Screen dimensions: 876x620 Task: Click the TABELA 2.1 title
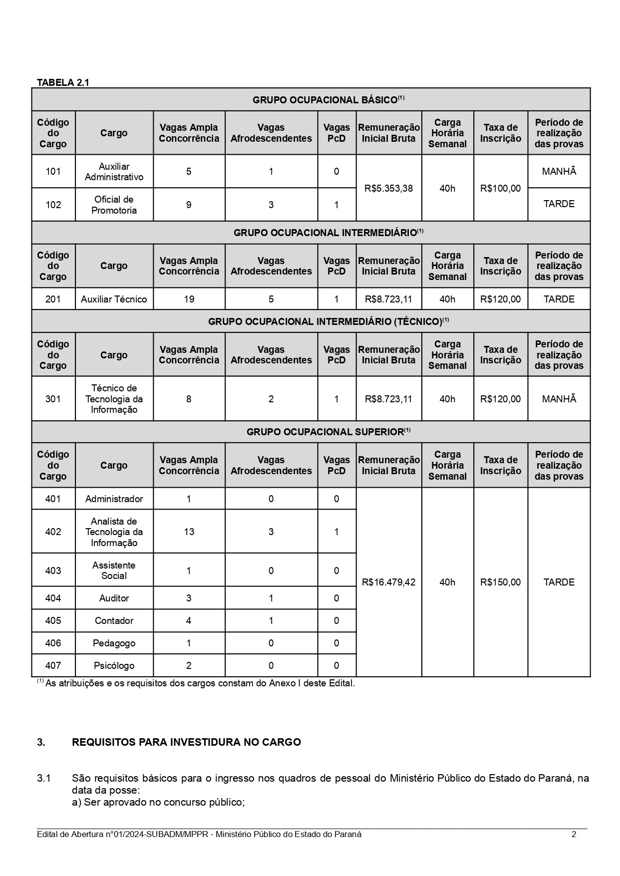(x=63, y=83)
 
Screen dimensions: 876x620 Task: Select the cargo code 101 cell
(x=53, y=171)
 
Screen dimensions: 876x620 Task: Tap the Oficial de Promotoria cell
(x=114, y=205)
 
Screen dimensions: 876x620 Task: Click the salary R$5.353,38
(x=389, y=188)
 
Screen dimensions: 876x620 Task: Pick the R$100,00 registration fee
(x=500, y=188)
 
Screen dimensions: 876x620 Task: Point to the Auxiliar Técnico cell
(x=114, y=299)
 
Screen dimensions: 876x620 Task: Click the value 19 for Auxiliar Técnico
(x=189, y=299)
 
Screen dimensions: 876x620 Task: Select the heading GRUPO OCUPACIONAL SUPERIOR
(x=325, y=432)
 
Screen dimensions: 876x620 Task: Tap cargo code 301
(x=53, y=399)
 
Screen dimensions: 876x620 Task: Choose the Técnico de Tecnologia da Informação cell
(x=114, y=399)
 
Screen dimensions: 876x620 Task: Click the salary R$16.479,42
(x=389, y=582)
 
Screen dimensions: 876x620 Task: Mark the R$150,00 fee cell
(x=500, y=582)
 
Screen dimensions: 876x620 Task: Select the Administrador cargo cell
(x=114, y=499)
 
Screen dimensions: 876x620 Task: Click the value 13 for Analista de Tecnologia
(x=189, y=532)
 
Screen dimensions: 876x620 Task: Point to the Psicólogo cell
(x=114, y=665)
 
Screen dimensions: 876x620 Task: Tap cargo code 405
(x=53, y=620)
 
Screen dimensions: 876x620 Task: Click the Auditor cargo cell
(x=114, y=598)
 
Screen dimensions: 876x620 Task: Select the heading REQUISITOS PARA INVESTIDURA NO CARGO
(x=186, y=742)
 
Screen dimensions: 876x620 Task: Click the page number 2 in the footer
(x=574, y=834)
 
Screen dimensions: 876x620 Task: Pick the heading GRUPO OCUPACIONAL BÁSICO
(x=325, y=100)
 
